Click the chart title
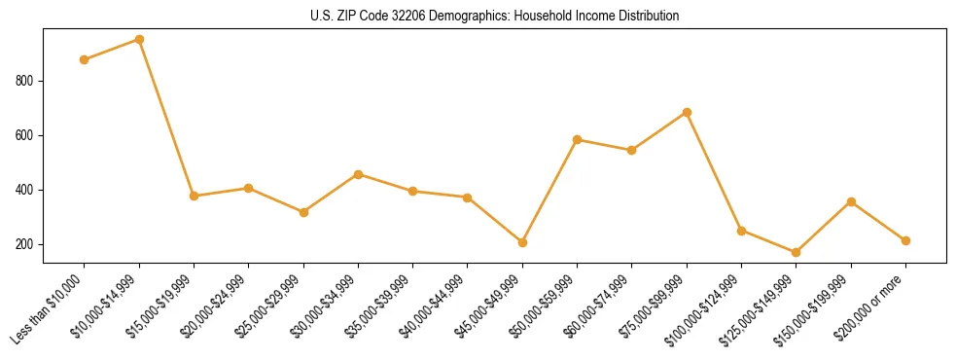pyautogui.click(x=495, y=16)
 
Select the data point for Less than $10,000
pyautogui.click(x=85, y=59)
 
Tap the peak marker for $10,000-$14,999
pyautogui.click(x=139, y=39)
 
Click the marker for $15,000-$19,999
pyautogui.click(x=195, y=196)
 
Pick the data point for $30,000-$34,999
pyautogui.click(x=359, y=174)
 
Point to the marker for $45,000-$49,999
pyautogui.click(x=522, y=242)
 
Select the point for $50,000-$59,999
pyautogui.click(x=578, y=139)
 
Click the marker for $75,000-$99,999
pyautogui.click(x=687, y=112)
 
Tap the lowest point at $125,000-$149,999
pyautogui.click(x=797, y=252)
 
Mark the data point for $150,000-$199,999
pyautogui.click(x=851, y=201)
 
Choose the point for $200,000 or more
pyautogui.click(x=905, y=240)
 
